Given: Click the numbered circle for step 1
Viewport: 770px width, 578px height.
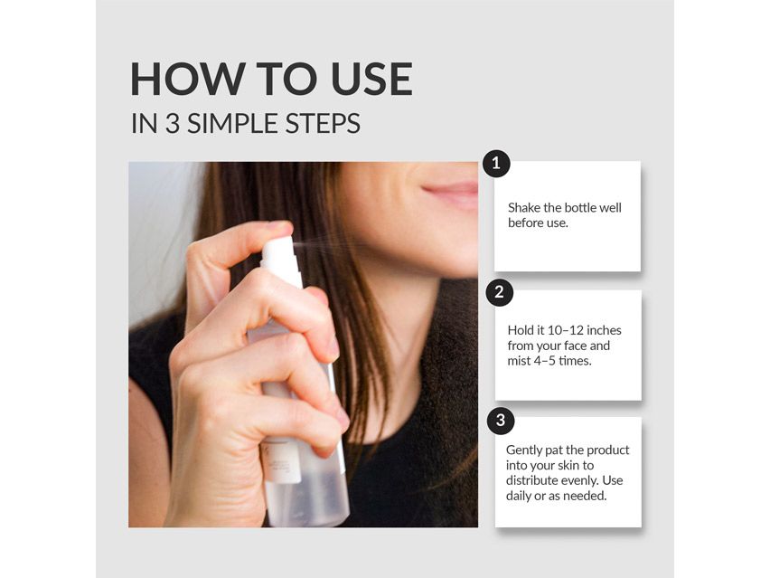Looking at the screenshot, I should tap(496, 165).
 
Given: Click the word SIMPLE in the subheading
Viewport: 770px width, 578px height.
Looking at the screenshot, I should tap(233, 124).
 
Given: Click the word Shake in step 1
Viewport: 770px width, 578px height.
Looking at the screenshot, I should tap(525, 208).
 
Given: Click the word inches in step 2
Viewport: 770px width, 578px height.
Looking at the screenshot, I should tap(604, 330).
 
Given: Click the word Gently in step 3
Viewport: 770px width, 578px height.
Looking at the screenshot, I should tap(525, 450).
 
